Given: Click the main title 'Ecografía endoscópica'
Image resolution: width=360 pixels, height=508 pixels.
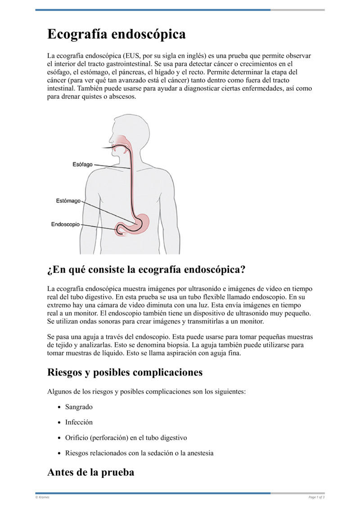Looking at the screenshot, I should (x=117, y=34).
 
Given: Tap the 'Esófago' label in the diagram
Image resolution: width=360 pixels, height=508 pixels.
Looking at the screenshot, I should (x=82, y=165).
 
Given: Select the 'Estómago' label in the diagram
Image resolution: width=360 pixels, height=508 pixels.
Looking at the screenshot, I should (x=68, y=201).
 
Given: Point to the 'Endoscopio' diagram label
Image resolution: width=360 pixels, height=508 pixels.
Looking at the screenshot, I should (x=65, y=224).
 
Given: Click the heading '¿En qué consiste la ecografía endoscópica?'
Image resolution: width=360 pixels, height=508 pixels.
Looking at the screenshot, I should (x=146, y=270).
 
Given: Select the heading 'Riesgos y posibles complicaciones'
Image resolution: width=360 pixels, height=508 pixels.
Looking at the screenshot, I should (x=125, y=372).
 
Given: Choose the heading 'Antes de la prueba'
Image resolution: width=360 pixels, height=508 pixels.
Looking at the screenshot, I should (x=90, y=472).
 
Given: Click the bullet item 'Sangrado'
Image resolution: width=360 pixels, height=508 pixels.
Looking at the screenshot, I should (x=79, y=407).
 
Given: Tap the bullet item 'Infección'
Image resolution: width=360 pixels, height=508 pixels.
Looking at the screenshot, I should (x=79, y=422).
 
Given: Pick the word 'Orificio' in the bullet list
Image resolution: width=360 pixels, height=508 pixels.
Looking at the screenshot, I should (x=76, y=437).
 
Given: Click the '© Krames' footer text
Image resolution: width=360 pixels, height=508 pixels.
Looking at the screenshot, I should (x=42, y=497).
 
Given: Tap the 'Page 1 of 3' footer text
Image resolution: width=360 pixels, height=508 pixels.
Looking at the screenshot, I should (x=316, y=497).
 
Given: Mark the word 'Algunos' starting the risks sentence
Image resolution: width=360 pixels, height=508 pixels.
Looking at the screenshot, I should (x=59, y=392).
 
